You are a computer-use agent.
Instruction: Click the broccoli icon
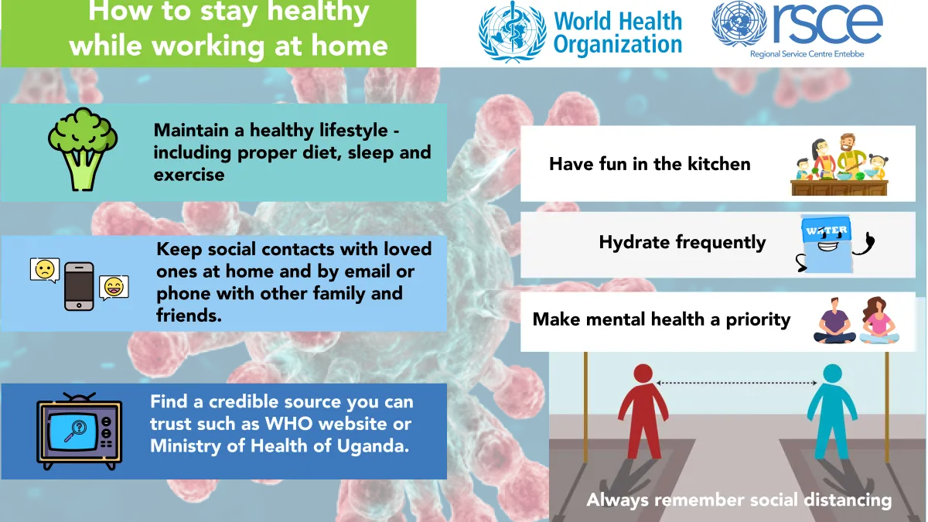83,149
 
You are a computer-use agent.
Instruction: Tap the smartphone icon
79,286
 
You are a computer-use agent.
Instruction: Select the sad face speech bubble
45,270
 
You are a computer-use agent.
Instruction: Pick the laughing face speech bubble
114,288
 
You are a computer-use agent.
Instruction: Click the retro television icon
79,431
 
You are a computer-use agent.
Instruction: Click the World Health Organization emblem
513,32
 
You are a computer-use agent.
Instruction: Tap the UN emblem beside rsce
739,24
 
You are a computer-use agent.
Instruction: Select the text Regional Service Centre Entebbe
807,54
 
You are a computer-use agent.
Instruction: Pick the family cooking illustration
839,165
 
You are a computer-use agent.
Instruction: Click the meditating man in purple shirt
834,321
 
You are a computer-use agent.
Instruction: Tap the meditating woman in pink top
879,321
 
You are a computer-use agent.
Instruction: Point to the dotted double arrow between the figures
736,383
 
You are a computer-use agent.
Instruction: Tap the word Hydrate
635,242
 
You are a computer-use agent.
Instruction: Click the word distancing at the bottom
848,500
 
